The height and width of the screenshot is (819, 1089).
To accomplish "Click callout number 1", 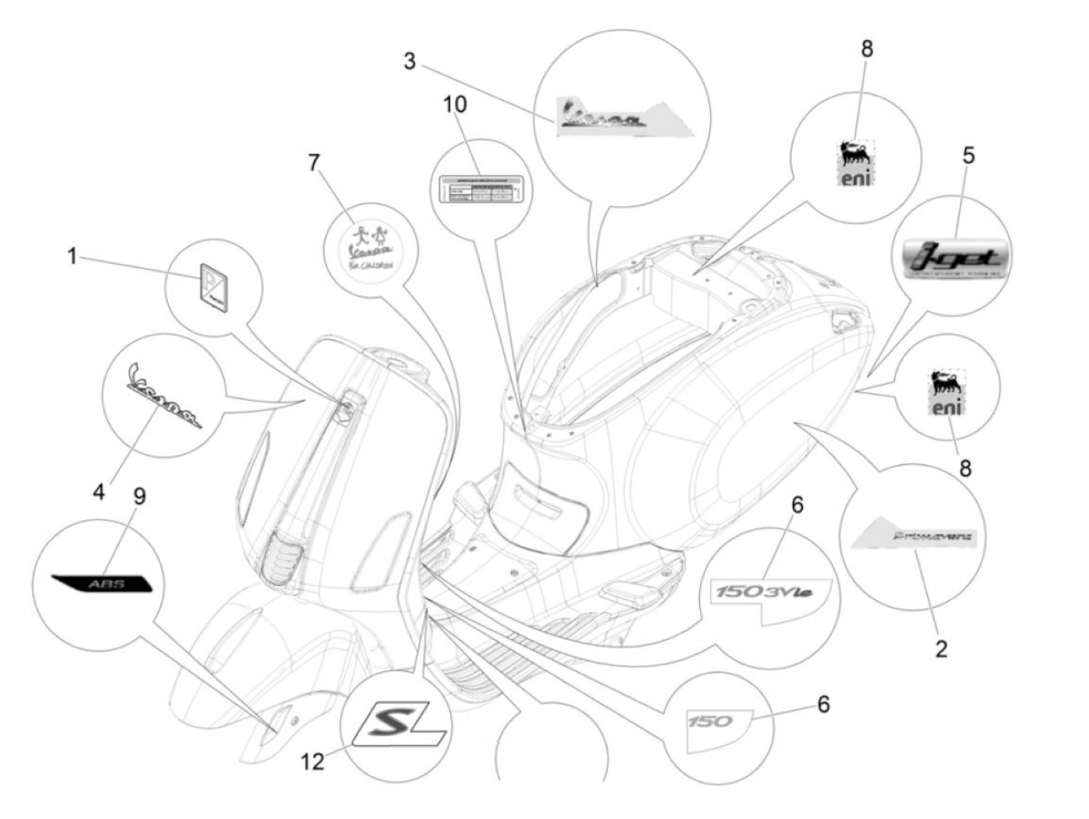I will [72, 255].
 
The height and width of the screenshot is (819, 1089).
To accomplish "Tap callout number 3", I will [410, 62].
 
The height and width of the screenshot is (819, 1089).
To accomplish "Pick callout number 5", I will [968, 156].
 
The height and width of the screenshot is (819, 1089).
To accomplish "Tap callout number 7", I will [313, 163].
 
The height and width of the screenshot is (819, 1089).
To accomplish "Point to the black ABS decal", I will [101, 584].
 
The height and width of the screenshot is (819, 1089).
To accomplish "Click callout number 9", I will [140, 497].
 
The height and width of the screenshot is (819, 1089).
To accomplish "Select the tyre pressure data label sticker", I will [476, 189].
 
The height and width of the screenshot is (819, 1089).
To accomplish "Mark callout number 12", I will [313, 761].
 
